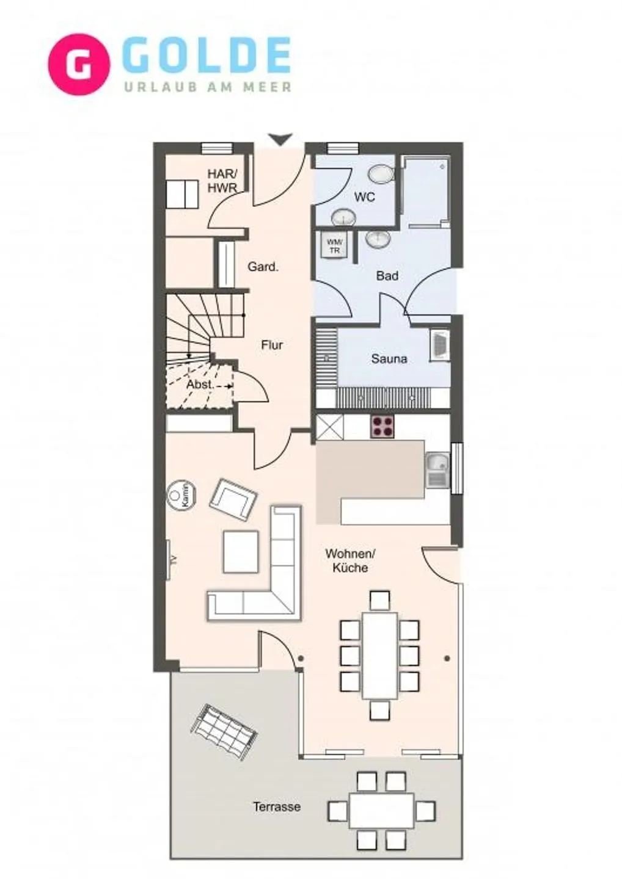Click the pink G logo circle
[79, 65]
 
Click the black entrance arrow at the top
[280, 140]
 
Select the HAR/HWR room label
[222, 181]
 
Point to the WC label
[364, 197]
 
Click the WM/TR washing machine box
[334, 246]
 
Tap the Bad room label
[387, 276]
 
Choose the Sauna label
[389, 359]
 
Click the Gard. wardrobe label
[263, 267]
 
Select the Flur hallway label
[272, 345]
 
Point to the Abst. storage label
[200, 385]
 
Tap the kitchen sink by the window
[437, 471]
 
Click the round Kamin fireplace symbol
[181, 495]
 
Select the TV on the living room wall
[170, 559]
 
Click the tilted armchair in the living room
[233, 499]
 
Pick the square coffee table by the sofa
[241, 552]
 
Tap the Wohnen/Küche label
[350, 560]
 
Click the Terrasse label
[277, 807]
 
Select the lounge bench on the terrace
[223, 732]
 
